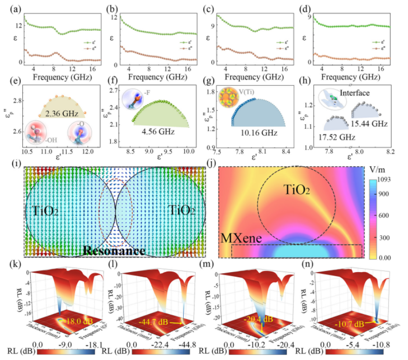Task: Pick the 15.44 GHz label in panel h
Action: [363, 124]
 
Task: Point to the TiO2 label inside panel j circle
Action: [291, 190]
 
